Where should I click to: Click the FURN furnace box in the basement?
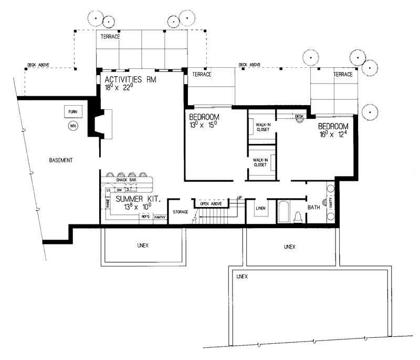point(72,112)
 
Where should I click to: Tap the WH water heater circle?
point(72,126)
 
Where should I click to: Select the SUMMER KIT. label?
point(138,199)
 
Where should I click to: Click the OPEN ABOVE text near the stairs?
point(211,203)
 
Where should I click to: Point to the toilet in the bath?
point(297,217)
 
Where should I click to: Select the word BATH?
point(314,208)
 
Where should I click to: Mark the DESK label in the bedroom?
point(300,116)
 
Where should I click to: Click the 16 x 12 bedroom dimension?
point(333,135)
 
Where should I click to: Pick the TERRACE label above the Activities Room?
point(110,37)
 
